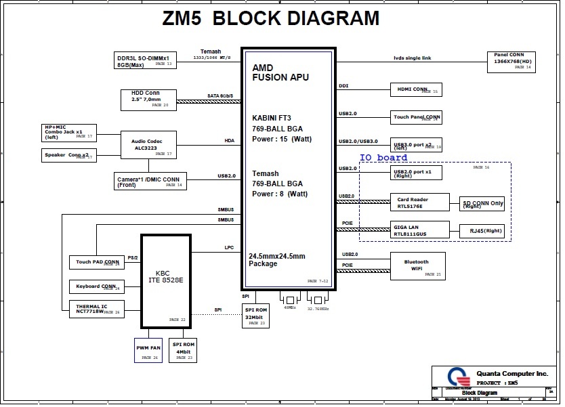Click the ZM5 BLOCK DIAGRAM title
[271, 18]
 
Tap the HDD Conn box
[149, 99]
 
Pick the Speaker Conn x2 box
[69, 156]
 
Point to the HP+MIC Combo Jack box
[69, 132]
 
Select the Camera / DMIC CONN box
[150, 181]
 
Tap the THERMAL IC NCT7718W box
[97, 309]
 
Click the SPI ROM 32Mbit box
[256, 316]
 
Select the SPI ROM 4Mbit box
[184, 350]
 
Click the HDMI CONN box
[415, 89]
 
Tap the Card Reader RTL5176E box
[419, 202]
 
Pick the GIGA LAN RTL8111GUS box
[419, 230]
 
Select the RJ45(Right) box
[482, 231]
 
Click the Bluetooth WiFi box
[417, 265]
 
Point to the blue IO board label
[383, 158]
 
